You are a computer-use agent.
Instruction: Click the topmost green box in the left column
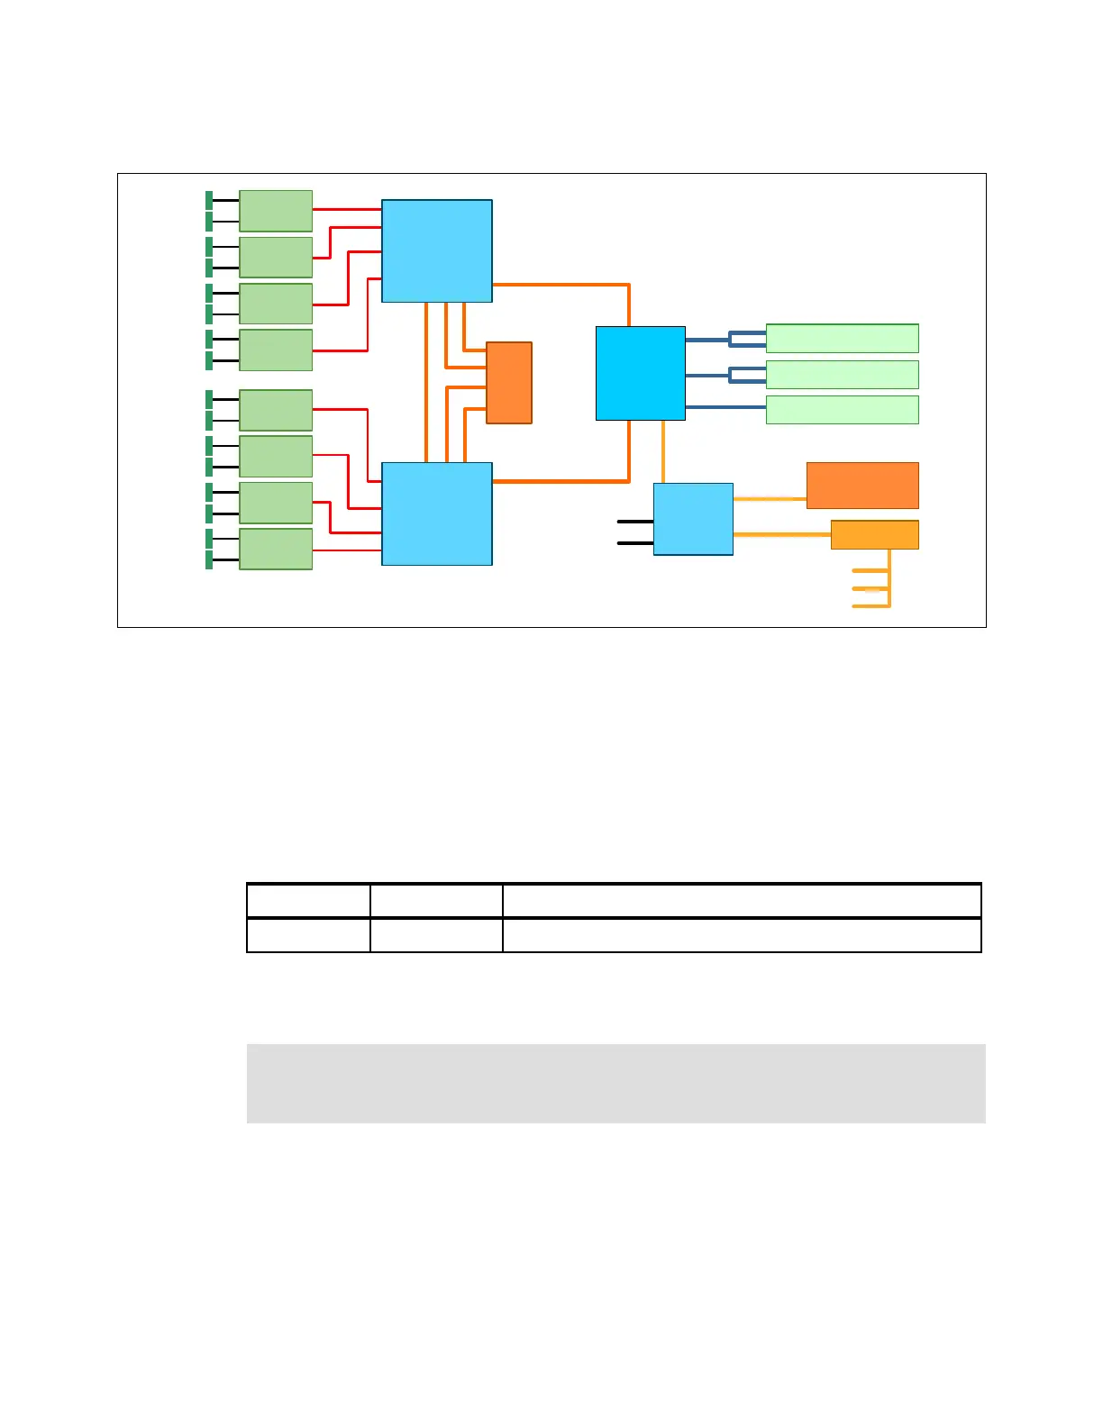[276, 211]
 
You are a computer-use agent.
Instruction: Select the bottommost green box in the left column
[276, 549]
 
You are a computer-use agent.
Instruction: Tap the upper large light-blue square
[437, 250]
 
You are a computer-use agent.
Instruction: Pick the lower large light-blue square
[437, 514]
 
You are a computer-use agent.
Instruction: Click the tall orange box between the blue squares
[509, 383]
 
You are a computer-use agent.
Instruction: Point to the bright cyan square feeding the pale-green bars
[641, 373]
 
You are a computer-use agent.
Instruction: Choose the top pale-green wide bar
[842, 339]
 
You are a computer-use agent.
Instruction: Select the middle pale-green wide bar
[842, 375]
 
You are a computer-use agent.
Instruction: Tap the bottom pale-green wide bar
[842, 410]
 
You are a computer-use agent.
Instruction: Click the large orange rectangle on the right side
[862, 486]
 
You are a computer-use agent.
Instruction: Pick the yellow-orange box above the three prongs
[874, 535]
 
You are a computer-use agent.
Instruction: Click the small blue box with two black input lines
[693, 519]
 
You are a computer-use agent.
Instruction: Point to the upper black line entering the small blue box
[635, 522]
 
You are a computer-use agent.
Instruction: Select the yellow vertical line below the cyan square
[664, 451]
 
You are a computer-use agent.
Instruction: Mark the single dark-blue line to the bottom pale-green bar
[725, 408]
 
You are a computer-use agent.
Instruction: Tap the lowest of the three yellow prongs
[870, 605]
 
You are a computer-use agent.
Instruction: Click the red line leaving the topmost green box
[347, 210]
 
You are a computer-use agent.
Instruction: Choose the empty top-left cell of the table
[308, 900]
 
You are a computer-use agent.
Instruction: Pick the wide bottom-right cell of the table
[741, 935]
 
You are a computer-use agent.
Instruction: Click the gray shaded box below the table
[615, 1083]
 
